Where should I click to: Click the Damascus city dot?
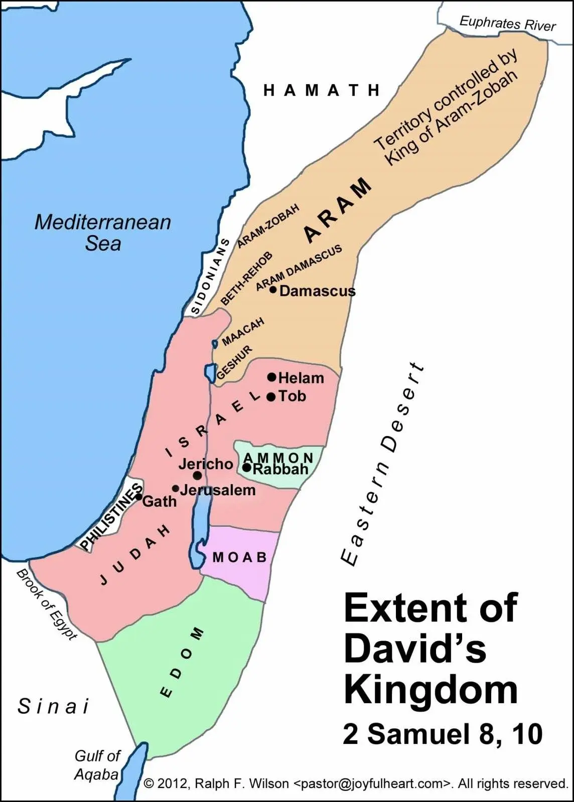click(273, 289)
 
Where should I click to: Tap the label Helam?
click(301, 378)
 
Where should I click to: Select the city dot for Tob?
click(271, 397)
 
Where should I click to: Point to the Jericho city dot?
click(198, 475)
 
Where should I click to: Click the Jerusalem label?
click(218, 490)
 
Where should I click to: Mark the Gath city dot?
click(138, 497)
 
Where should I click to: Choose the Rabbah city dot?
click(247, 468)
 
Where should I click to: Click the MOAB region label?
click(240, 557)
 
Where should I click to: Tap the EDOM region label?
click(182, 662)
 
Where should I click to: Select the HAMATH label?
click(322, 90)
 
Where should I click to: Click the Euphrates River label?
click(507, 23)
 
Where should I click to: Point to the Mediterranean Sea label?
click(103, 233)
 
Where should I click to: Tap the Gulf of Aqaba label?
click(97, 765)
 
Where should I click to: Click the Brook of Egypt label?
click(47, 604)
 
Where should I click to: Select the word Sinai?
click(53, 706)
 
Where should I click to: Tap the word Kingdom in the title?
click(430, 690)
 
